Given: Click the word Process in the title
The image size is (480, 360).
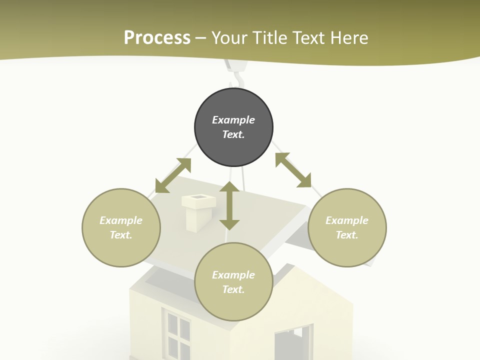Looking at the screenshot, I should tap(157, 37).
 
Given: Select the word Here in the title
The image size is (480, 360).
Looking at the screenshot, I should tap(348, 37).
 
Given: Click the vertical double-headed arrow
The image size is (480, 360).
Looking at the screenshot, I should tap(229, 205).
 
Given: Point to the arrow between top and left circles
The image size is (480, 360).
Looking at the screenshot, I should tap(173, 175).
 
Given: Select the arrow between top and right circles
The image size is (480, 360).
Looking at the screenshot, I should tap(293, 170).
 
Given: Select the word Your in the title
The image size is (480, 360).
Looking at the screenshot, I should tap(230, 37).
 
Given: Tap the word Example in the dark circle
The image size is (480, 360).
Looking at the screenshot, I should tap(233, 120).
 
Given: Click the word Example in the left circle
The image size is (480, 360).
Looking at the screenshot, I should tap(121, 220).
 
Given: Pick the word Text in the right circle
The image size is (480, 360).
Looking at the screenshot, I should tap(347, 235).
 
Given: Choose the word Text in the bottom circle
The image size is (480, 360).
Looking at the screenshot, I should tap(233, 289).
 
